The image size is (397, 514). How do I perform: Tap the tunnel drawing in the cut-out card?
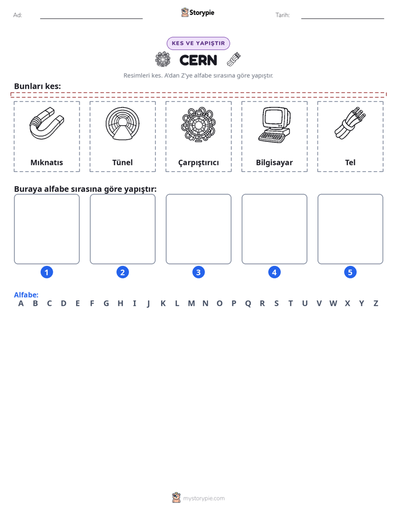122,123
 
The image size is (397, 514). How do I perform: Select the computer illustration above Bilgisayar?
274,125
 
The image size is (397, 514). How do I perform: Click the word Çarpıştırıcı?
198,162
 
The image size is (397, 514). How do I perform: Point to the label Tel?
350,162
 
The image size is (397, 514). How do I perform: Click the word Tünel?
122,162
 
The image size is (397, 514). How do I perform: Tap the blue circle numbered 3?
198,272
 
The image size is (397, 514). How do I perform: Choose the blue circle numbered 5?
350,272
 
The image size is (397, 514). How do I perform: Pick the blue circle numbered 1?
47,272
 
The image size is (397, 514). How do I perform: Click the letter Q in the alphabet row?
248,304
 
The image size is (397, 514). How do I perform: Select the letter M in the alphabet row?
191,304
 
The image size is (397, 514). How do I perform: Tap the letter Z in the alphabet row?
376,304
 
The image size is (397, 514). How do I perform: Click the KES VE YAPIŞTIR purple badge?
198,43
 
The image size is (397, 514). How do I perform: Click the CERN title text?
198,60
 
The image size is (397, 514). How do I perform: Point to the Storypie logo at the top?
197,12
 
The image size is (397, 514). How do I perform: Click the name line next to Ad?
91,18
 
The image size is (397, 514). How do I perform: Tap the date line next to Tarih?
343,18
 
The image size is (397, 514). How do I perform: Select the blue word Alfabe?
26,295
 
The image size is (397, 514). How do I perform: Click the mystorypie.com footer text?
204,498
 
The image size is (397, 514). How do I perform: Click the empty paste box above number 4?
275,229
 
